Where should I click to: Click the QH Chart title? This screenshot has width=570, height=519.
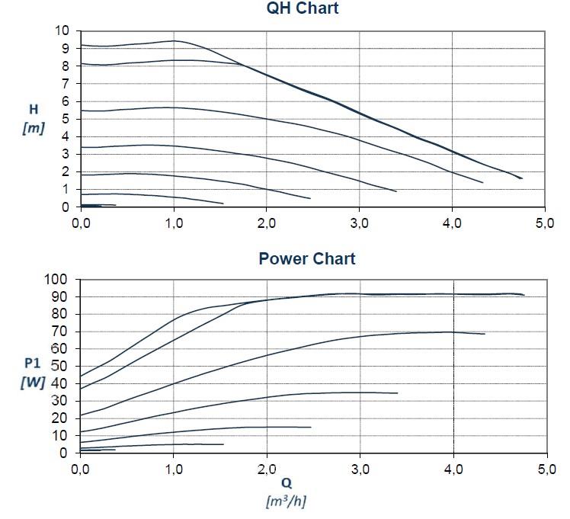[302, 9]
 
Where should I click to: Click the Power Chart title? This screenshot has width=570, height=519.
[306, 258]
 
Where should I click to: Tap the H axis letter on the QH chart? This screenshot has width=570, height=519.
[33, 110]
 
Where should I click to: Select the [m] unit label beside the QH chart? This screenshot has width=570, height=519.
[33, 127]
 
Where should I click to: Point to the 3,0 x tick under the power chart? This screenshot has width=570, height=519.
[360, 469]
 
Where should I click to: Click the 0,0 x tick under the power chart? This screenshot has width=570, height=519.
[81, 469]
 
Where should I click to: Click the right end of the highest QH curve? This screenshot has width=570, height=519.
[521, 178]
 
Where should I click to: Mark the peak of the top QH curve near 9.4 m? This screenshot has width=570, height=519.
[175, 40]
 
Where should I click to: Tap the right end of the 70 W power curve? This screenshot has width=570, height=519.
[485, 334]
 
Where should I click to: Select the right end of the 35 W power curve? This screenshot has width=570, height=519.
[397, 392]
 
